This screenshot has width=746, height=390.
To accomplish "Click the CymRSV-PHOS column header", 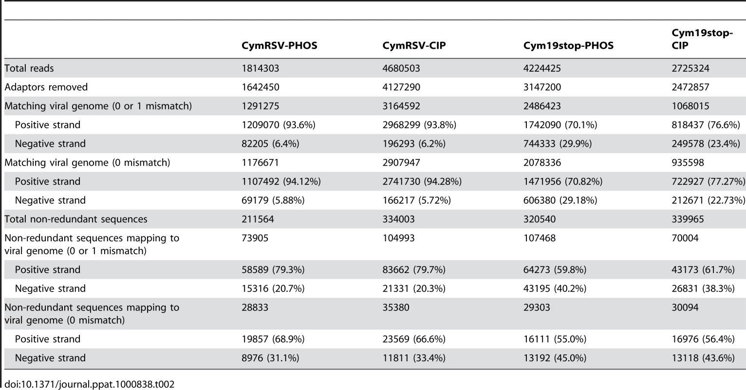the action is pos(280,45).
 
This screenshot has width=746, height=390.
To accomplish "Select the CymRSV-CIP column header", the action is pos(414,45).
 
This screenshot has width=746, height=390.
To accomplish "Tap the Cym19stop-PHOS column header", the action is pos(568,45).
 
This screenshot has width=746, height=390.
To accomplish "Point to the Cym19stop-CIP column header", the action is pos(702,39).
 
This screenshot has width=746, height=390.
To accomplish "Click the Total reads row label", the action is pos(29,68).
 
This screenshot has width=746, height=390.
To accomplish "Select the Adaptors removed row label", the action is pos(46,87).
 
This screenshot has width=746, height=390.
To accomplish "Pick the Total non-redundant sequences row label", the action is pos(75,219).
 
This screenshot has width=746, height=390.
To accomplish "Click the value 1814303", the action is pos(260,68).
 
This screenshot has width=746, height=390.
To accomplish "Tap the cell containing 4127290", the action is pos(401,87).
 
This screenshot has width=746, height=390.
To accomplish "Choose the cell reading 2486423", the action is pos(542,106).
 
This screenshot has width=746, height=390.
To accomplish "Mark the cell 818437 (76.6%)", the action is pos(706,125).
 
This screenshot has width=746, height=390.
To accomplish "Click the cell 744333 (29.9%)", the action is pos(557,144).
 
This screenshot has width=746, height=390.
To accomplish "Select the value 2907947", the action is pos(401,162).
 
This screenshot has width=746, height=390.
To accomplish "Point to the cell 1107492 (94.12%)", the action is pos(281,181).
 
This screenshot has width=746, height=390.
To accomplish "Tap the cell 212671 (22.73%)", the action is pos(708,200).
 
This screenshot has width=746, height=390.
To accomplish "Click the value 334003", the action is pos(398,219).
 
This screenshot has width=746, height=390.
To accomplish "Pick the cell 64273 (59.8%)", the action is pos(555,269).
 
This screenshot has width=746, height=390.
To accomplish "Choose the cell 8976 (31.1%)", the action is pos(270,358).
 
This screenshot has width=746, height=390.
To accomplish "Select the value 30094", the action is pos(685,307).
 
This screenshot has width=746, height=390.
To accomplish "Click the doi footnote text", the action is pos(89,384).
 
